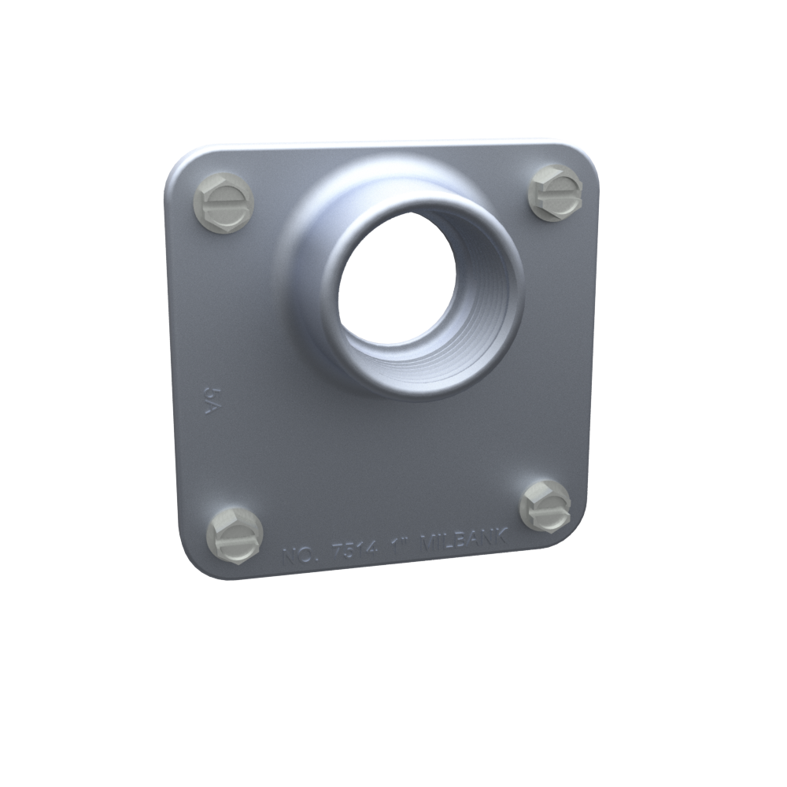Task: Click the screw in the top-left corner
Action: click(224, 201)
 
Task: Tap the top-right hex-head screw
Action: click(557, 192)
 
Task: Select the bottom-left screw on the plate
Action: click(235, 534)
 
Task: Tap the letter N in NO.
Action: click(290, 556)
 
